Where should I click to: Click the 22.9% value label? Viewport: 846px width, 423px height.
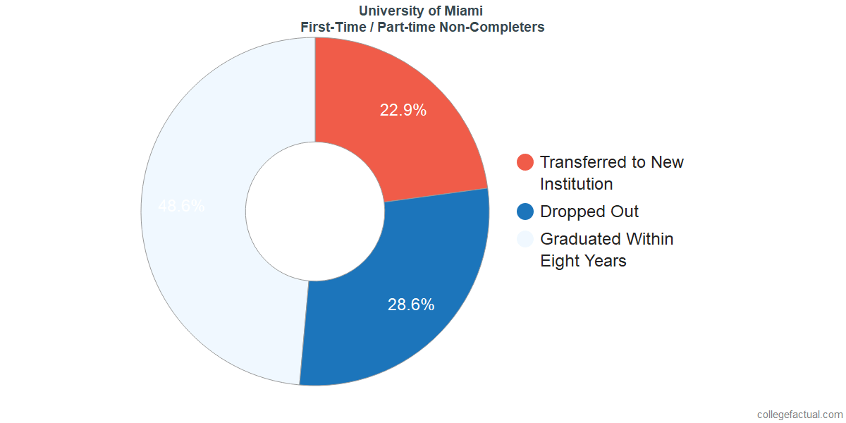[403, 110]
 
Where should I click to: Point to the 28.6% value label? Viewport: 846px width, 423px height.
[411, 305]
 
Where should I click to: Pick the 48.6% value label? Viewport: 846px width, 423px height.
[181, 207]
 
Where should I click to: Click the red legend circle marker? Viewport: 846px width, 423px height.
[525, 162]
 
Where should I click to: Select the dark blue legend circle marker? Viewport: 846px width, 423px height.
[525, 211]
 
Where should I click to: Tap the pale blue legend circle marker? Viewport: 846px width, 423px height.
[525, 239]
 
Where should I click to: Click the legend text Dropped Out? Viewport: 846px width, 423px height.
[589, 211]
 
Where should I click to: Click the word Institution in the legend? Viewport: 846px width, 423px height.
[576, 184]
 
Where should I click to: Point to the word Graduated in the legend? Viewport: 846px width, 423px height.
[577, 239]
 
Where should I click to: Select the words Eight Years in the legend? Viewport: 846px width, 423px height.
[583, 261]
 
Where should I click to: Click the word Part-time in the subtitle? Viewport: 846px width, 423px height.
[405, 27]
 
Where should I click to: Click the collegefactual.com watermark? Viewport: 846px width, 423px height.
[799, 414]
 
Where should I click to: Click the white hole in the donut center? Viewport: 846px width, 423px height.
[314, 211]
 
